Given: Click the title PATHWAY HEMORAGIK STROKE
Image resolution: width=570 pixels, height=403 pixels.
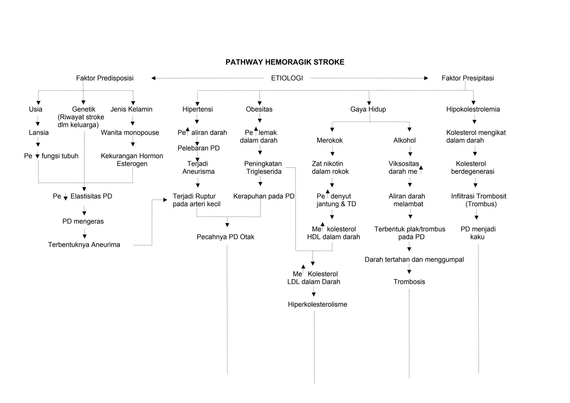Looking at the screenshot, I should tap(285, 62).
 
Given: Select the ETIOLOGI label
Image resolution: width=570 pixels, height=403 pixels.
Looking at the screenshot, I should tap(287, 78).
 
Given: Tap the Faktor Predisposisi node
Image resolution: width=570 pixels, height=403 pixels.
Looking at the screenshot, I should tap(105, 78).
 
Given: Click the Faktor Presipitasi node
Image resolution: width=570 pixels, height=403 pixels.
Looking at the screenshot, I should tap(468, 78).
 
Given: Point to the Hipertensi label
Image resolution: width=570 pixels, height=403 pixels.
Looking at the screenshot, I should tap(197, 109).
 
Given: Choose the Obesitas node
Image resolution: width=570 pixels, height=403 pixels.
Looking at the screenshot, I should tap(259, 109).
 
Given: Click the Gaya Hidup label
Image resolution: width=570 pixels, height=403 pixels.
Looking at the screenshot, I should tap(368, 109).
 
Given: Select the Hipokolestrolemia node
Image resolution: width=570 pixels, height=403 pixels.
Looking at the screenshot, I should tap(473, 109).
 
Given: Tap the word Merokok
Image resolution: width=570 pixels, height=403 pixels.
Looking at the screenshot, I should tap(330, 141).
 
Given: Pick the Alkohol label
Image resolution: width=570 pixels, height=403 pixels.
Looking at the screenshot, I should tap(404, 141).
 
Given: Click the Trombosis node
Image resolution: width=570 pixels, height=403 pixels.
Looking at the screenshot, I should tap(409, 282).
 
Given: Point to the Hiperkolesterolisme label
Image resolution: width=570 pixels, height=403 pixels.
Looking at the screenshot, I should tap(317, 304).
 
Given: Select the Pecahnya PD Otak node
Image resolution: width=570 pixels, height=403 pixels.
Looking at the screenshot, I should tap(225, 237).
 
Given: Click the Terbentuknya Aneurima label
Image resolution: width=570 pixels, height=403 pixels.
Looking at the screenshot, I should tap(84, 245).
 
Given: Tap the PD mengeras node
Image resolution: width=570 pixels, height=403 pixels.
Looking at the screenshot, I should tap(83, 222).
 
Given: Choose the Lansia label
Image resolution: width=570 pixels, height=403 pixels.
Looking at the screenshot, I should tap(39, 133).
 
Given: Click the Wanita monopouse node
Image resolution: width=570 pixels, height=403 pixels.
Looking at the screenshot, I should tap(130, 133).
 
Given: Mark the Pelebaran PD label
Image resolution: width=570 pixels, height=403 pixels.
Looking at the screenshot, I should tap(198, 148).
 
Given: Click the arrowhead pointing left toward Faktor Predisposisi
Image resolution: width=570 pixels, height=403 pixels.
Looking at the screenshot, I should tap(153, 78).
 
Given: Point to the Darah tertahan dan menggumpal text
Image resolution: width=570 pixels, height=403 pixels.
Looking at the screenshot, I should tap(414, 260).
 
